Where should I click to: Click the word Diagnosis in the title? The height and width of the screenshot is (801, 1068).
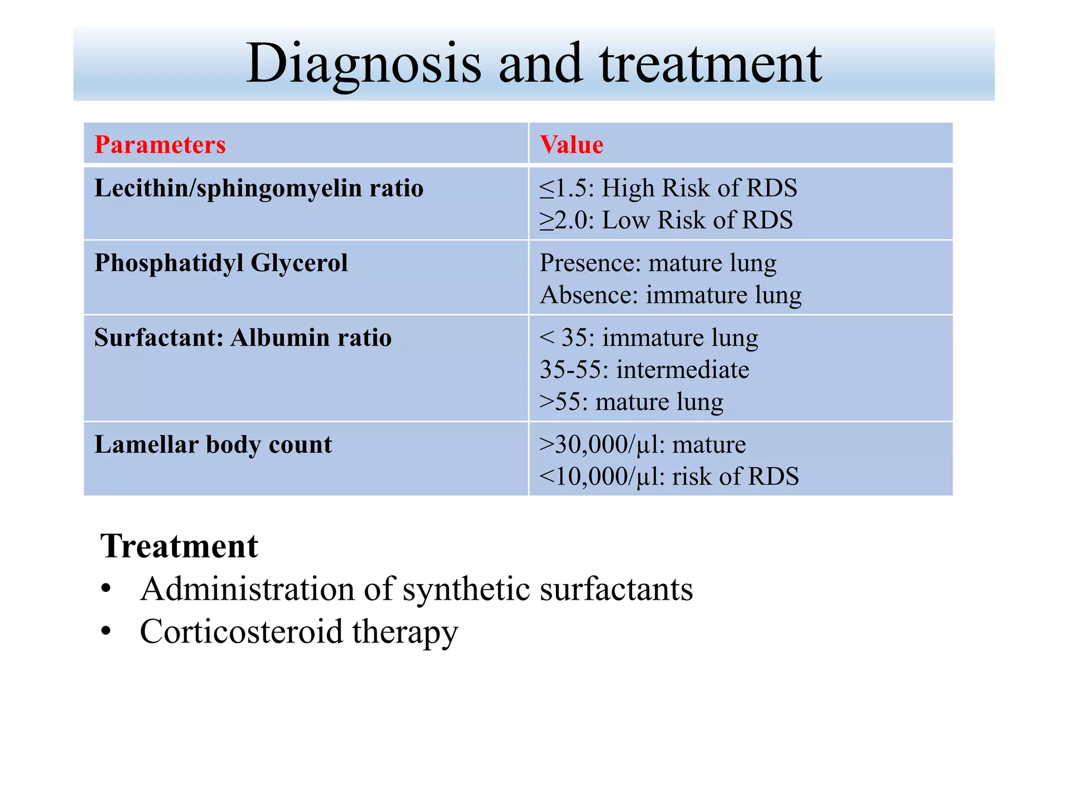click(x=363, y=64)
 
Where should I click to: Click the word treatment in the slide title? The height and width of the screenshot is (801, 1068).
click(x=710, y=64)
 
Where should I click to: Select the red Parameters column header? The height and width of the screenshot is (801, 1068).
click(x=160, y=144)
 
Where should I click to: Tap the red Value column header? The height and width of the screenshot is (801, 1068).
click(x=572, y=144)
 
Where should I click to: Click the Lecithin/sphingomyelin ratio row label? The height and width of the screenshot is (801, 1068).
click(x=259, y=188)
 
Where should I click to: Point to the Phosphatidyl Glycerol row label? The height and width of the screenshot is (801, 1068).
click(x=221, y=263)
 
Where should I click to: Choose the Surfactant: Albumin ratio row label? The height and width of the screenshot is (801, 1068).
click(x=243, y=337)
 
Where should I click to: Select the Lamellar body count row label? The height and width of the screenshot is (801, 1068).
click(x=213, y=445)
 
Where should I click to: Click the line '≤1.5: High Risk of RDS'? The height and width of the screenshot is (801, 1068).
click(x=668, y=188)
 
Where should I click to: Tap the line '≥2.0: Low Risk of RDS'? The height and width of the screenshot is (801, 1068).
click(x=666, y=220)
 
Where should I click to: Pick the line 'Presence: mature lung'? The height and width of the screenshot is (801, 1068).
click(x=658, y=263)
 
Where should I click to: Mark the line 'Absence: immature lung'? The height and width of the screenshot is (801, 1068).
click(x=671, y=295)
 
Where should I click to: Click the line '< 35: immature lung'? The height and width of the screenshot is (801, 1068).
click(x=649, y=338)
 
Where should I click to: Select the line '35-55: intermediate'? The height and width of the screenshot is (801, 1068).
click(x=645, y=370)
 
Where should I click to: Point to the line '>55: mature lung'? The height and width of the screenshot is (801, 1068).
click(x=632, y=402)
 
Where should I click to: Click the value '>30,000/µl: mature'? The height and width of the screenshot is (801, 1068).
click(x=642, y=445)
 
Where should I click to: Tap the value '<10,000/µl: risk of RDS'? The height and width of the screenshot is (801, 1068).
click(x=669, y=477)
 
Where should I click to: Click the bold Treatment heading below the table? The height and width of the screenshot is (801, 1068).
click(x=179, y=547)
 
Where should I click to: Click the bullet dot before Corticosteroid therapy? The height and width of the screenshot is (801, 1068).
click(x=106, y=632)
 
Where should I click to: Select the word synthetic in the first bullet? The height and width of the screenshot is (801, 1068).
click(x=466, y=590)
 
